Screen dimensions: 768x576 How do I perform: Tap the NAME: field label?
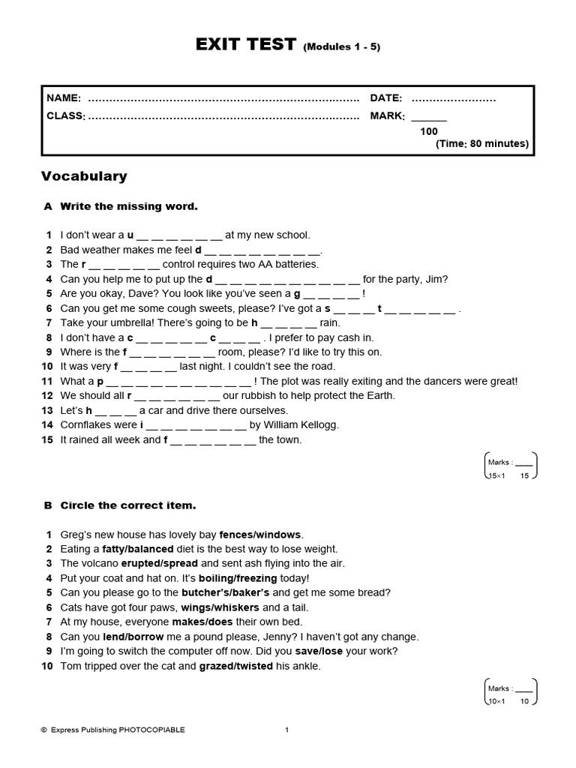tap(64, 98)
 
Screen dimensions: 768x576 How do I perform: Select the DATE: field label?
tap(386, 98)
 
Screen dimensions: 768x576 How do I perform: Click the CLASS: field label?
tap(66, 116)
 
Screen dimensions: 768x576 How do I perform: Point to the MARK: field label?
tap(387, 116)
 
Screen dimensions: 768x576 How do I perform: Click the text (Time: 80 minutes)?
tap(482, 144)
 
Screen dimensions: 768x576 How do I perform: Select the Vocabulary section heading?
tap(84, 176)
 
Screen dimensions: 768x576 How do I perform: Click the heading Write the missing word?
tap(128, 205)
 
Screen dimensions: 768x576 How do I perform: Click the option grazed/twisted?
tap(235, 666)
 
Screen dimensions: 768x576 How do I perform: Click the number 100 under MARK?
tap(429, 131)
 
